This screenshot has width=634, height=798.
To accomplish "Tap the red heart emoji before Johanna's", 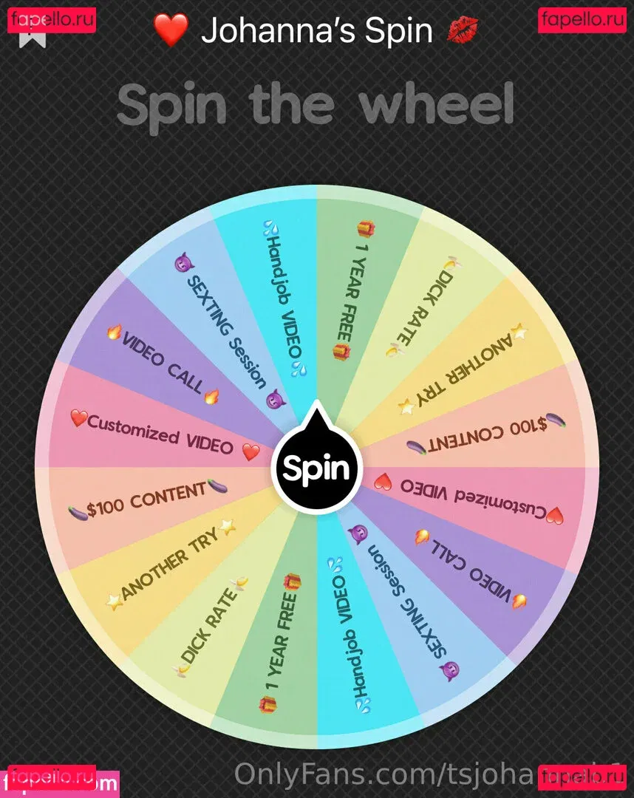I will [x=171, y=30].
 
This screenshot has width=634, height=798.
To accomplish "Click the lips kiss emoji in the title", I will [x=463, y=30].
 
